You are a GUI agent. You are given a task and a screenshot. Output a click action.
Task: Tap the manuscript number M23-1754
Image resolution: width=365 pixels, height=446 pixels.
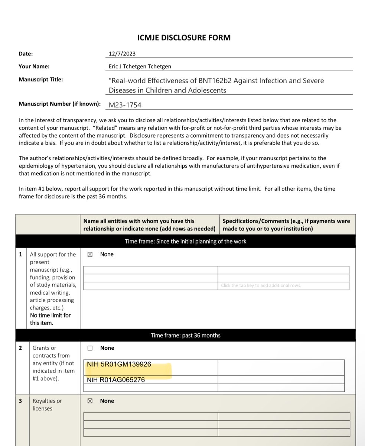[x=125, y=105]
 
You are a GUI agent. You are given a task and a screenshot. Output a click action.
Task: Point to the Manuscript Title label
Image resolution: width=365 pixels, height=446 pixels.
[x=41, y=79]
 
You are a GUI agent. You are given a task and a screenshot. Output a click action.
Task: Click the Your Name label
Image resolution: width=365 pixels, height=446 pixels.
[x=34, y=67]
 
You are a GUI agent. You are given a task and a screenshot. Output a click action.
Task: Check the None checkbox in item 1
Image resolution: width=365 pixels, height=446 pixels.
[x=89, y=255]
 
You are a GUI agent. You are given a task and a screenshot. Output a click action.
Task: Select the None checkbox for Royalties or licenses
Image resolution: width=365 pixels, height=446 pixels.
[x=89, y=401]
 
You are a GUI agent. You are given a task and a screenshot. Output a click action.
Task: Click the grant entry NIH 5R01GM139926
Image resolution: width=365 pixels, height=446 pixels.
[x=119, y=365]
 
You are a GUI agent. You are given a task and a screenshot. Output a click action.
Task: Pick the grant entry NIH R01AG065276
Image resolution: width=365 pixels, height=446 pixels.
[x=116, y=380]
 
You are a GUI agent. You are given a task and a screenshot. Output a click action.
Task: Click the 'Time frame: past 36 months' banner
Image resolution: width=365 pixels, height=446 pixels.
[x=185, y=335]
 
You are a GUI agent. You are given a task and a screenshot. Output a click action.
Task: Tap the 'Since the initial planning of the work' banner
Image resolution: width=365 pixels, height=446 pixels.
[x=185, y=241]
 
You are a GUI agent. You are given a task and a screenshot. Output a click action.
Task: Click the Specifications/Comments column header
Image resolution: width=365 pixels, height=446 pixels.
[x=286, y=224]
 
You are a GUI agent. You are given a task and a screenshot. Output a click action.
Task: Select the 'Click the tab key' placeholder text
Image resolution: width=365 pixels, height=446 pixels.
[x=261, y=286]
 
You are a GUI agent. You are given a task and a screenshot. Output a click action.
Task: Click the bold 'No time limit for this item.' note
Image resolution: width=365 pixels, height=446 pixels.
[x=50, y=319]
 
